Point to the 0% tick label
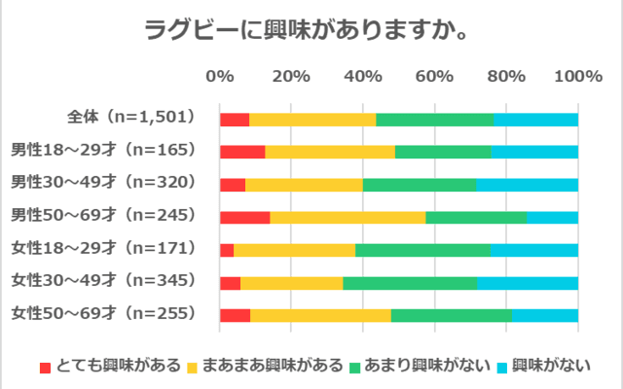[220, 77]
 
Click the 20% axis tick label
[291, 77]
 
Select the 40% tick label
[363, 77]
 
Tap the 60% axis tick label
[435, 77]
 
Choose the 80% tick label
[506, 77]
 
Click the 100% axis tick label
[578, 77]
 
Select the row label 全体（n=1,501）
[131, 118]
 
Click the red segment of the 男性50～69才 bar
[244, 217]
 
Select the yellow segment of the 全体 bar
[312, 119]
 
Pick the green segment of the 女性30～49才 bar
[410, 283]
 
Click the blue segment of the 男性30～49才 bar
[527, 184]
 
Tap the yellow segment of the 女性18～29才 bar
[294, 250]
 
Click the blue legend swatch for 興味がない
[502, 367]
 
